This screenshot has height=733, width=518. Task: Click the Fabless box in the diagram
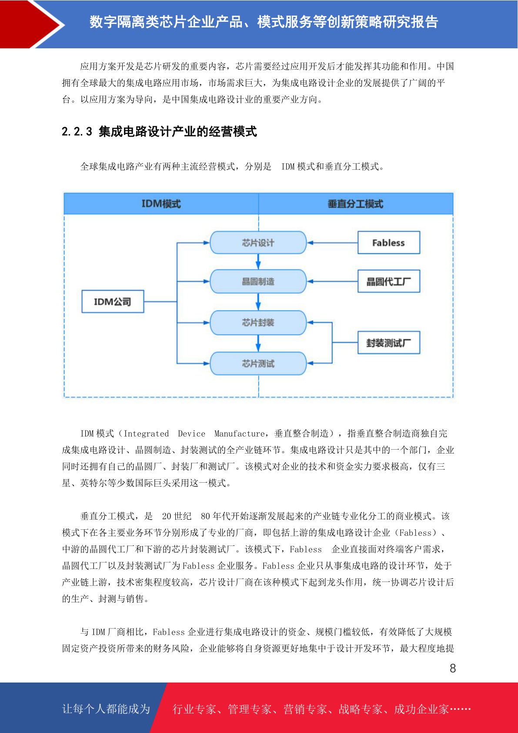388,242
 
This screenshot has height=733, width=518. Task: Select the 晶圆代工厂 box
388,281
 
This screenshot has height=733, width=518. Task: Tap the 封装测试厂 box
388,343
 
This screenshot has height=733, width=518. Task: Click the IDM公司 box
113,301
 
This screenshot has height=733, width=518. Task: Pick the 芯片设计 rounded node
258,242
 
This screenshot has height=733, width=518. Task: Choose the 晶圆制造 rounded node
258,281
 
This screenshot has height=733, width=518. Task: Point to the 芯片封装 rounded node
258,323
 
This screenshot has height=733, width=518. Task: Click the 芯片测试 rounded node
258,363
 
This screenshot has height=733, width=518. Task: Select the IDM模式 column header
161,204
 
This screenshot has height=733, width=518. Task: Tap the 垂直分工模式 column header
355,204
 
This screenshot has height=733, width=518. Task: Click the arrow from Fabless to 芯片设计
332,243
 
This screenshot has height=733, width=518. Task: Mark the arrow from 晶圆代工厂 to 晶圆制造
332,281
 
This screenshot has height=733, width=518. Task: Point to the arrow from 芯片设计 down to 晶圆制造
258,262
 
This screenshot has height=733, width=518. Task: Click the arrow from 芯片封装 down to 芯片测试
258,343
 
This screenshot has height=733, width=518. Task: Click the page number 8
453,668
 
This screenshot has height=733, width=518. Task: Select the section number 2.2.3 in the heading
77,131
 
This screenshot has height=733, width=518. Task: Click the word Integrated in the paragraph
146,434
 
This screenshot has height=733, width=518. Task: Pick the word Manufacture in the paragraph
239,434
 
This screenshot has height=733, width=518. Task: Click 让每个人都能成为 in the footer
106,709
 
